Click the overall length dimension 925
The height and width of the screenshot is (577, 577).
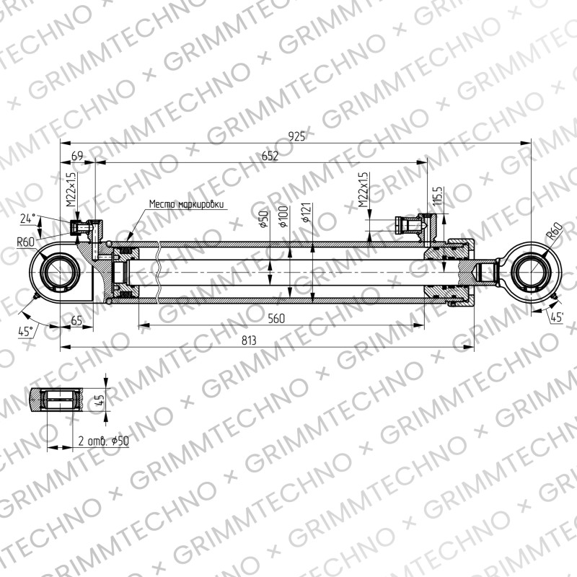click(296, 136)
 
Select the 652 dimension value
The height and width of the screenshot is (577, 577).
click(270, 156)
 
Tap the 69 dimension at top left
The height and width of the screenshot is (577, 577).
click(77, 156)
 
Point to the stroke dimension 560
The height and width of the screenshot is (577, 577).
click(276, 318)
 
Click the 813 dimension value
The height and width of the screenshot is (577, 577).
click(249, 340)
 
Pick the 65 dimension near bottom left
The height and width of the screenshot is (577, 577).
click(76, 320)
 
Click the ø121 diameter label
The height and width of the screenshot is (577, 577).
click(307, 213)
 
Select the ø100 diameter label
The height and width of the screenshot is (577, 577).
click(283, 216)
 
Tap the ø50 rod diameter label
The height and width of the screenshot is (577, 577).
click(264, 219)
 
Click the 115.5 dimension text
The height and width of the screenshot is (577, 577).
click(437, 196)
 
